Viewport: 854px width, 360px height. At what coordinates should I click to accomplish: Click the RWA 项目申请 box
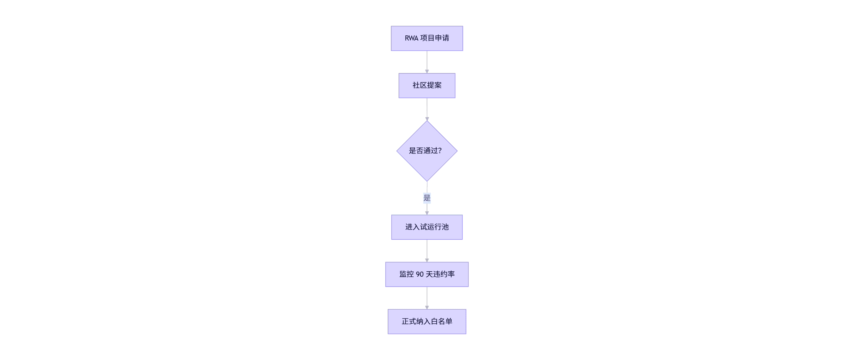click(427, 38)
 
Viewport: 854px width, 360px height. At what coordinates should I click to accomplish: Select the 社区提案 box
click(427, 86)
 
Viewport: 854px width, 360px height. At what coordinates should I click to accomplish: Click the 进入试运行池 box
click(427, 227)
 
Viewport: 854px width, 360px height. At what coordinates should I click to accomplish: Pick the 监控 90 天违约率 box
click(427, 274)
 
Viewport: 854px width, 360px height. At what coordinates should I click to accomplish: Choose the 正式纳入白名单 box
click(427, 322)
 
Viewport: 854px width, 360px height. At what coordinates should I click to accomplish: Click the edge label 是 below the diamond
click(427, 198)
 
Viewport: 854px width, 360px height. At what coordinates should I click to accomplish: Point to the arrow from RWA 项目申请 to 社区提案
click(427, 61)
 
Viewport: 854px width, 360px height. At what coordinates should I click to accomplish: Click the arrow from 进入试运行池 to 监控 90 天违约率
click(427, 250)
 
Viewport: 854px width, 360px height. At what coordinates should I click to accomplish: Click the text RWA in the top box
click(411, 38)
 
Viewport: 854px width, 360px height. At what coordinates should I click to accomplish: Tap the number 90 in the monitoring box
click(420, 274)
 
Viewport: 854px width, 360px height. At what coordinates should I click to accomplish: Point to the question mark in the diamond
click(439, 151)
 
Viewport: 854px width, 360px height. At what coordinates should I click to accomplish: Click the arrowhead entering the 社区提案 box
click(427, 71)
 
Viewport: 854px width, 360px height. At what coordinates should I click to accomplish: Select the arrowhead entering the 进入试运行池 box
click(427, 213)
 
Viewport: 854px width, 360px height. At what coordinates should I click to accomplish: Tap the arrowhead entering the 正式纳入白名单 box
click(427, 307)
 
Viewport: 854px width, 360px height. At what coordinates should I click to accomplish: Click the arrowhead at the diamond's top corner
click(427, 119)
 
